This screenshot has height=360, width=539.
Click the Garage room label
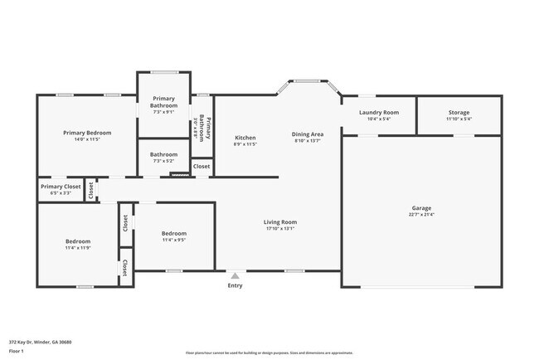coord(421,208)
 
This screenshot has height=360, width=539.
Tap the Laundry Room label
coord(378,112)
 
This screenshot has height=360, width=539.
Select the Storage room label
coord(459,112)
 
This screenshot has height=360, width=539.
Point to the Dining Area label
coord(308,134)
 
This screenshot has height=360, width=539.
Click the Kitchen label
coord(245,138)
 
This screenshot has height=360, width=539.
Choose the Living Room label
coord(280,221)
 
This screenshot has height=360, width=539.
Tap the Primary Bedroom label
coord(87,133)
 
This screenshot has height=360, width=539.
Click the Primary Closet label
coord(61,187)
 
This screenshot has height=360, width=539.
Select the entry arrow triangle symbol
coord(236,276)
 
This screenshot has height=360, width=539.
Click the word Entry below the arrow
coord(236,286)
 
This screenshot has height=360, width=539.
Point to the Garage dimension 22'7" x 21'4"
coord(421,214)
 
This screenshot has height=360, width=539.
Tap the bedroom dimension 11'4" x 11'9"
coord(78,247)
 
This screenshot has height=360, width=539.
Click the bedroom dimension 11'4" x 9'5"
coord(173,240)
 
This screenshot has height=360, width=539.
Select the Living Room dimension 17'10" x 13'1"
coord(280,228)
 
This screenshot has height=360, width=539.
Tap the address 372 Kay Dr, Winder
coord(40,341)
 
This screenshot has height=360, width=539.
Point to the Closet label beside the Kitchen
coord(202,167)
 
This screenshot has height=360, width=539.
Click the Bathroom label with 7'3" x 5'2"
coord(163,154)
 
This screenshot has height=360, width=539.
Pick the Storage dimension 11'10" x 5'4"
coord(459,119)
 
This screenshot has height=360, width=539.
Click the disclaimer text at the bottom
coord(269,353)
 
